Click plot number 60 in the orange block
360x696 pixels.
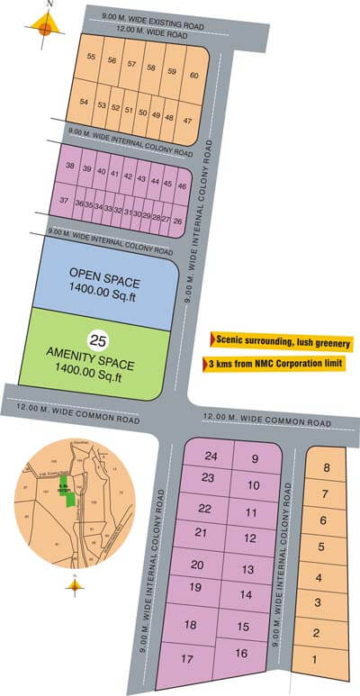click(x=194, y=75)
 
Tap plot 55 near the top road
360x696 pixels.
click(x=91, y=58)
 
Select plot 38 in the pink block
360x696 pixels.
click(x=70, y=167)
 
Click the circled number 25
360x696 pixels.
click(x=99, y=339)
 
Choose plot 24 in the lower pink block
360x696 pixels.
click(x=211, y=456)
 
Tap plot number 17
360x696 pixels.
click(x=186, y=659)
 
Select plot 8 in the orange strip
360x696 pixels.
click(x=327, y=467)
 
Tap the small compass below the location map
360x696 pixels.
click(x=74, y=585)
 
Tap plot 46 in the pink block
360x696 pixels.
click(x=182, y=185)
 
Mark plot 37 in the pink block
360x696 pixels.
click(x=64, y=200)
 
